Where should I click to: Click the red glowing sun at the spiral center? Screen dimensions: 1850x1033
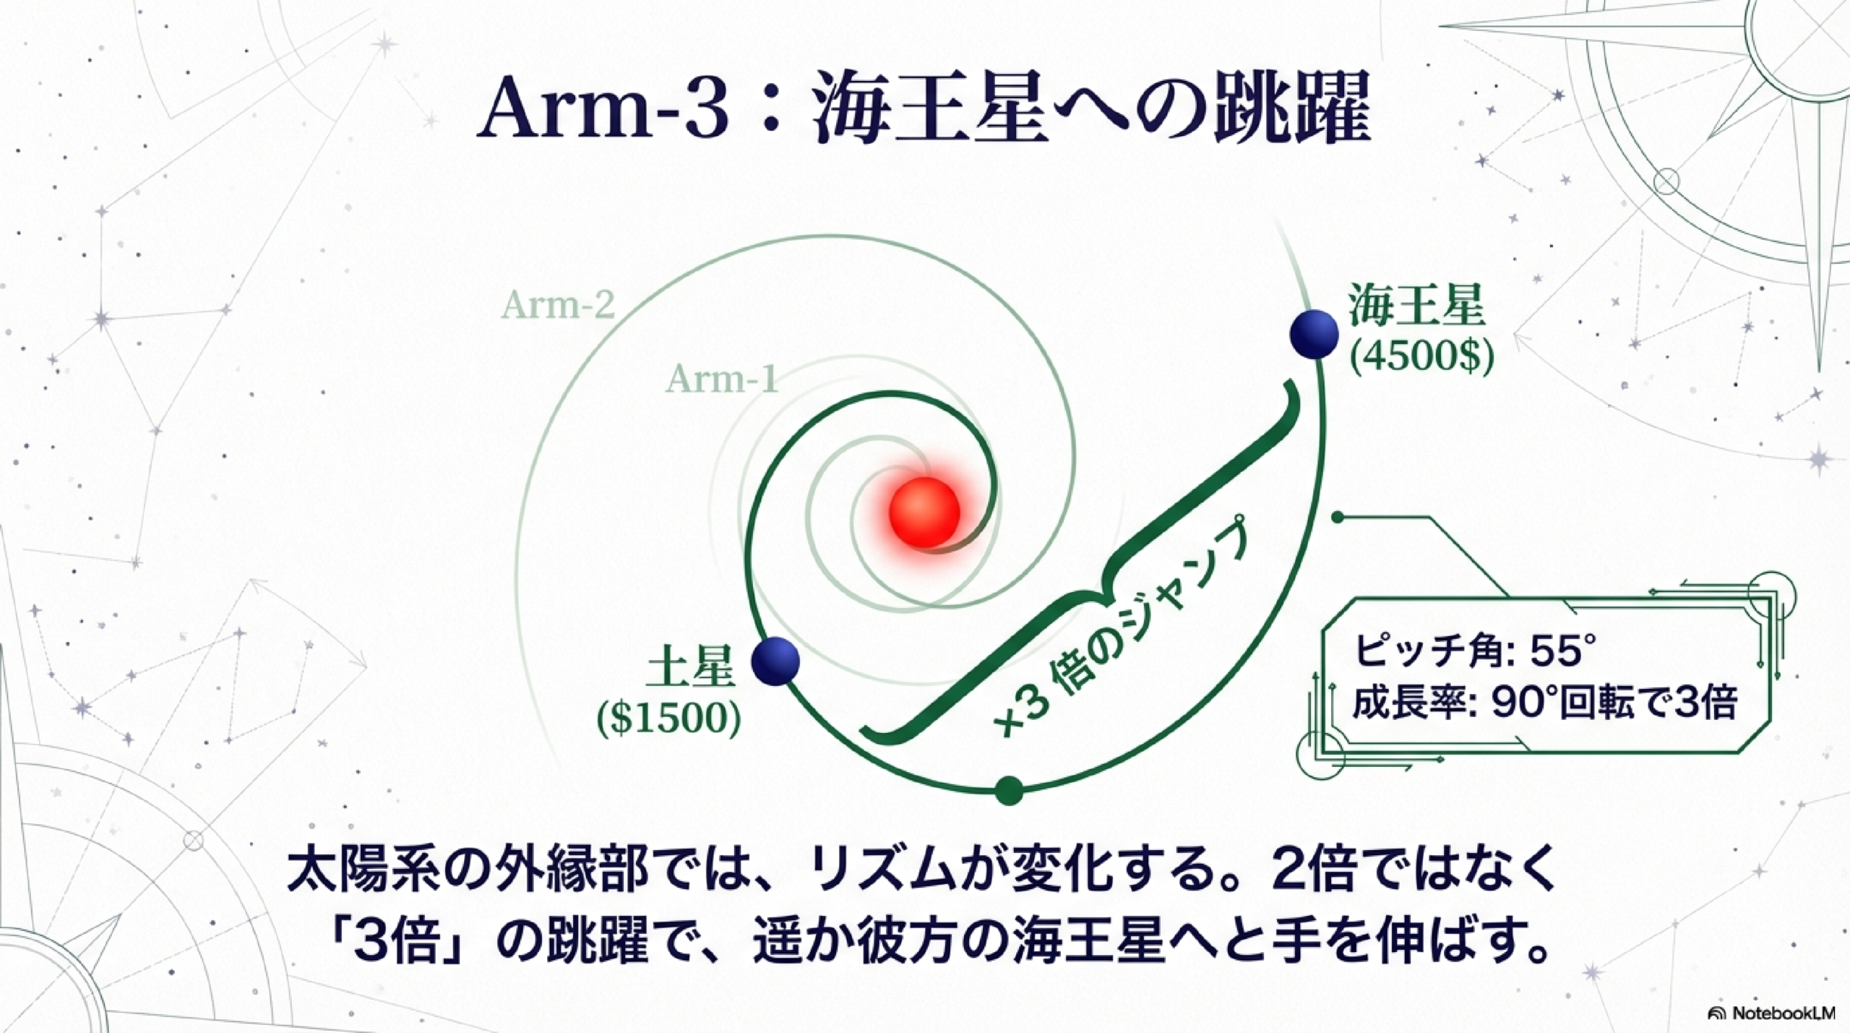(924, 512)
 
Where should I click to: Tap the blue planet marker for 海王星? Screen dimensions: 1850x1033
(1313, 334)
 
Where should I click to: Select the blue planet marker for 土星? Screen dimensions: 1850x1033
(775, 661)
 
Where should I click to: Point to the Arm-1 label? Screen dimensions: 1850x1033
(722, 379)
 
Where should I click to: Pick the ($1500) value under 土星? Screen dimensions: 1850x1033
(668, 719)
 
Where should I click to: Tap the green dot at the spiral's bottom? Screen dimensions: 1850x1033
(1009, 790)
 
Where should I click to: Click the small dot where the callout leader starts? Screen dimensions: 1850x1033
(1338, 517)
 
